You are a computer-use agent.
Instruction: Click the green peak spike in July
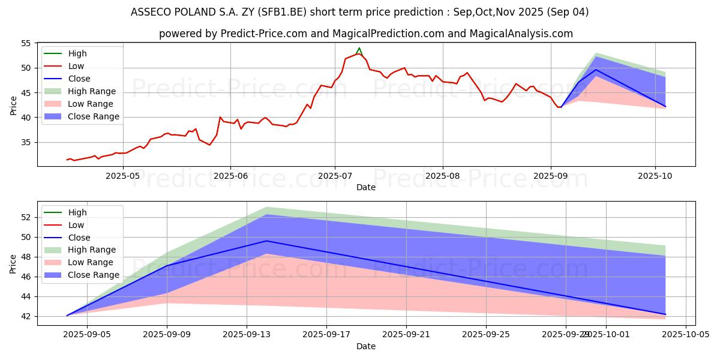click(x=359, y=48)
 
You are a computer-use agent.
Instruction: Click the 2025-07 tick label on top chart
click(x=334, y=176)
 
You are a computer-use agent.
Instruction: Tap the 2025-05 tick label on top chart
click(x=122, y=176)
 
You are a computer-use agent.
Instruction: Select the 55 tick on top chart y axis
click(x=25, y=43)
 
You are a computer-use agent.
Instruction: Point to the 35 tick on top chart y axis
click(x=25, y=142)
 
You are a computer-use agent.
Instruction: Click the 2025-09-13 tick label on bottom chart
click(x=247, y=335)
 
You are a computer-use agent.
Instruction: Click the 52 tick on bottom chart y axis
click(x=25, y=217)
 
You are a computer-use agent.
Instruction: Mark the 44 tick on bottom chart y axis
click(x=25, y=296)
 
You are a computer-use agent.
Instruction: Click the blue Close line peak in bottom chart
click(x=266, y=241)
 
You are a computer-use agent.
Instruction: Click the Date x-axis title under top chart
click(x=366, y=187)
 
